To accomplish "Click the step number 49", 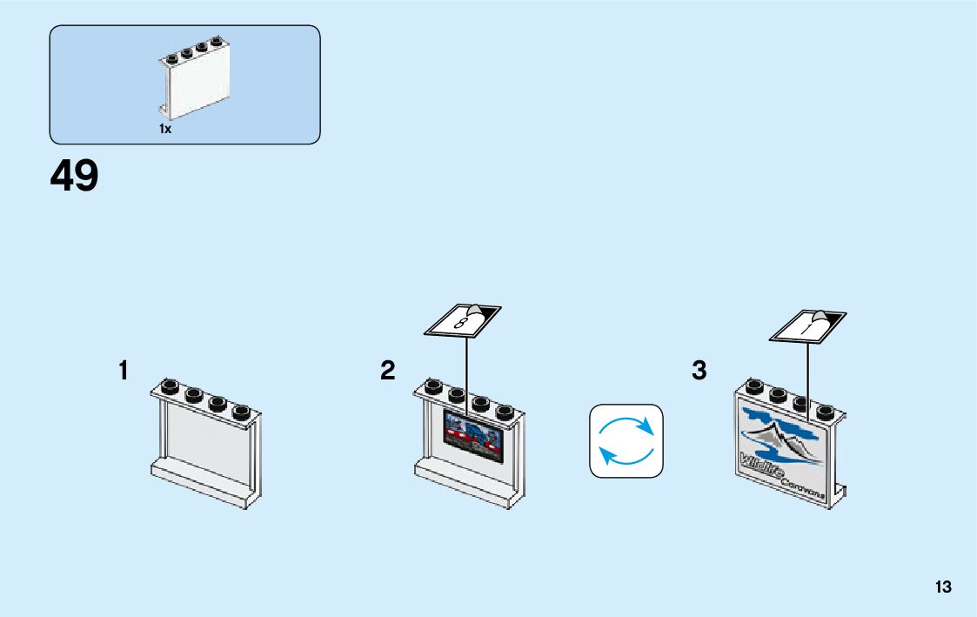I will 74,177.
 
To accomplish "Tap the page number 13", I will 943,587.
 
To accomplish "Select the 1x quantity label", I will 165,129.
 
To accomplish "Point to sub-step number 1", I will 124,371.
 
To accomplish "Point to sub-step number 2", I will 387,371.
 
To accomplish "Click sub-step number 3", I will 699,371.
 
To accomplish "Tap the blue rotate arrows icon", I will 626,440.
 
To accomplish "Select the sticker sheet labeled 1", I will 808,325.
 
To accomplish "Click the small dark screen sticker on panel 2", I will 474,434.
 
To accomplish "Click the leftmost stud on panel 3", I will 754,386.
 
